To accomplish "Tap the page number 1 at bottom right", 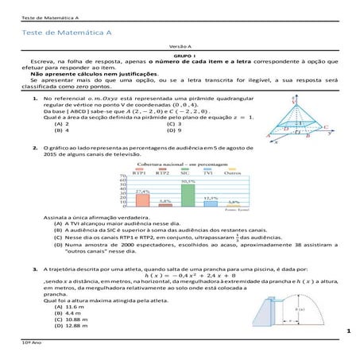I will [348, 329].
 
